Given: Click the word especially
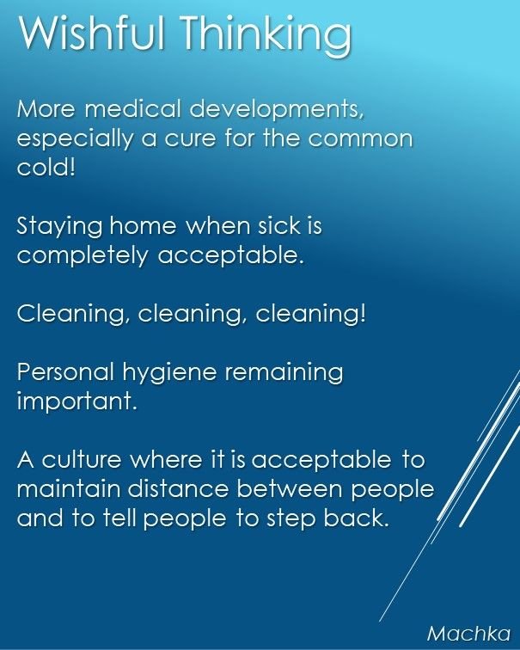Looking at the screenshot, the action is point(75,140).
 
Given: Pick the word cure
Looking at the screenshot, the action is point(190,140).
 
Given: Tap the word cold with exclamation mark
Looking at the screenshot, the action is point(46,167).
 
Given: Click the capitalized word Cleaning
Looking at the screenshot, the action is point(70,315).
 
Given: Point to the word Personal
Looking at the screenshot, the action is point(65,371).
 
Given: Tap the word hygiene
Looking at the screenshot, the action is point(169,373).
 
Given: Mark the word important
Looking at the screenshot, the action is point(77,402).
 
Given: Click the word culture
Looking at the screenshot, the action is point(82,459).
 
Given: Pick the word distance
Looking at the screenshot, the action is point(178,488).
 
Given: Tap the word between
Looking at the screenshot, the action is point(290,488).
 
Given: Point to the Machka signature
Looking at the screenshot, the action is point(469,634).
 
